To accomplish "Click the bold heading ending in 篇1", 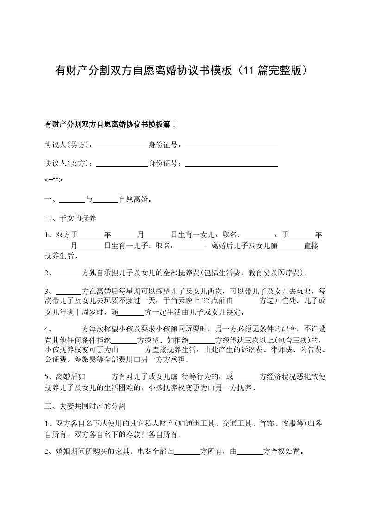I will coord(110,125).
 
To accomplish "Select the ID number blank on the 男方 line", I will coord(231,145).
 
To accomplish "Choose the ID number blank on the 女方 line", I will coord(231,164).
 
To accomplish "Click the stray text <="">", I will coord(54,180).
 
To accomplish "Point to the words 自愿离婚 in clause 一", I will coord(134,200).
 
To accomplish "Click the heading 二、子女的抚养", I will coord(70,217).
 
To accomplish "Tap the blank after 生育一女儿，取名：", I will coord(259,235).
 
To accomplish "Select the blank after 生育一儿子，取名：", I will coord(191,246).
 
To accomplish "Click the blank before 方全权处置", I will coord(250,451).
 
